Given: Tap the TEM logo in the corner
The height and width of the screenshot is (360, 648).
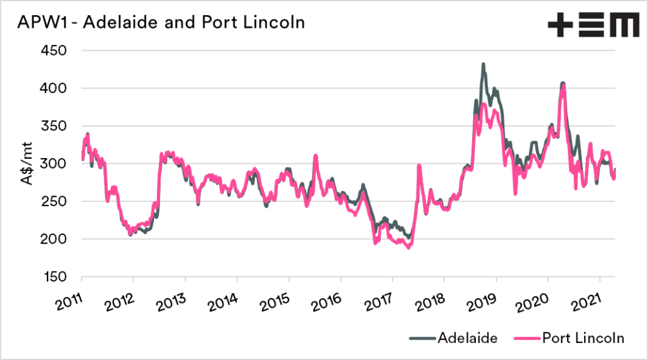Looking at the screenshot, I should point(593,26).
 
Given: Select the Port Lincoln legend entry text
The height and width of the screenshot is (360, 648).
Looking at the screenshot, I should point(583,338).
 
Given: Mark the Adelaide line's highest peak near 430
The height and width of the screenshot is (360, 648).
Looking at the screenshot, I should point(483,64).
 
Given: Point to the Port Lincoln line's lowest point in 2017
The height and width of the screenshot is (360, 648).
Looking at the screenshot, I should point(409,247).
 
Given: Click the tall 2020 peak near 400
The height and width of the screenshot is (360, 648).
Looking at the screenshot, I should point(563,84).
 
